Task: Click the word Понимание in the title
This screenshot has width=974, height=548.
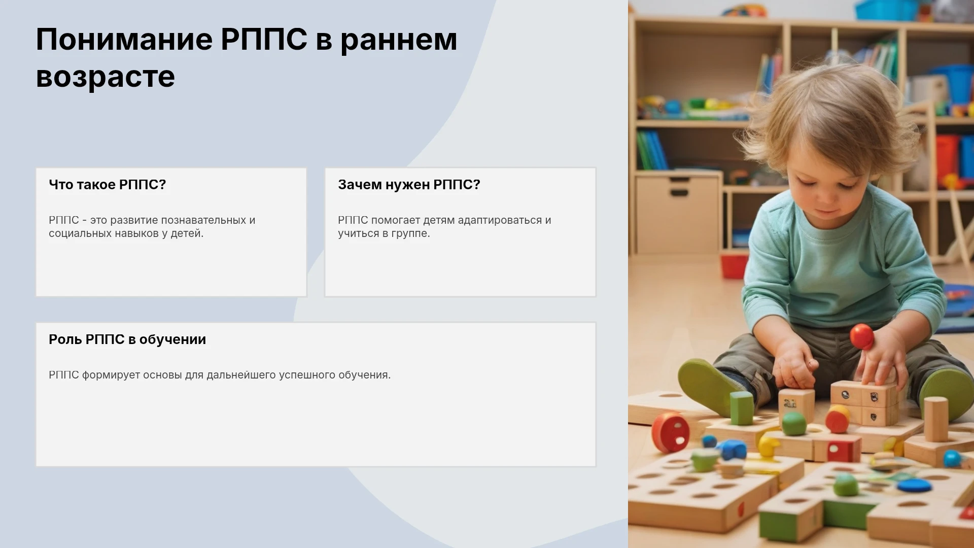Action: pos(124,39)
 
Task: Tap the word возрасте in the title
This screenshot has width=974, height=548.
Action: pos(106,77)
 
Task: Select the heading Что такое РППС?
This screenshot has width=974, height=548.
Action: pos(108,185)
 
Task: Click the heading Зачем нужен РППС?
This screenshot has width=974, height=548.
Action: pos(409,185)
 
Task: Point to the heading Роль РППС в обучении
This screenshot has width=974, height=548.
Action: pos(127,339)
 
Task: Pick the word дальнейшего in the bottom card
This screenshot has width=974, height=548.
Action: pos(240,375)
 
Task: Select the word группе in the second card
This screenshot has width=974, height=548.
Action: pos(410,234)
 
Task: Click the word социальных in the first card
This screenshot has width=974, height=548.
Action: pos(76,233)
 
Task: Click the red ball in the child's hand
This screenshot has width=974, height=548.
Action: pos(861,336)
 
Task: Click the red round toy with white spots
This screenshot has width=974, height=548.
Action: pos(671,432)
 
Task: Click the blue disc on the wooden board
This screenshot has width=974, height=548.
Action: pos(914,485)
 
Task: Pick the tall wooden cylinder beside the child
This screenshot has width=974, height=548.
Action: pos(935,419)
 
